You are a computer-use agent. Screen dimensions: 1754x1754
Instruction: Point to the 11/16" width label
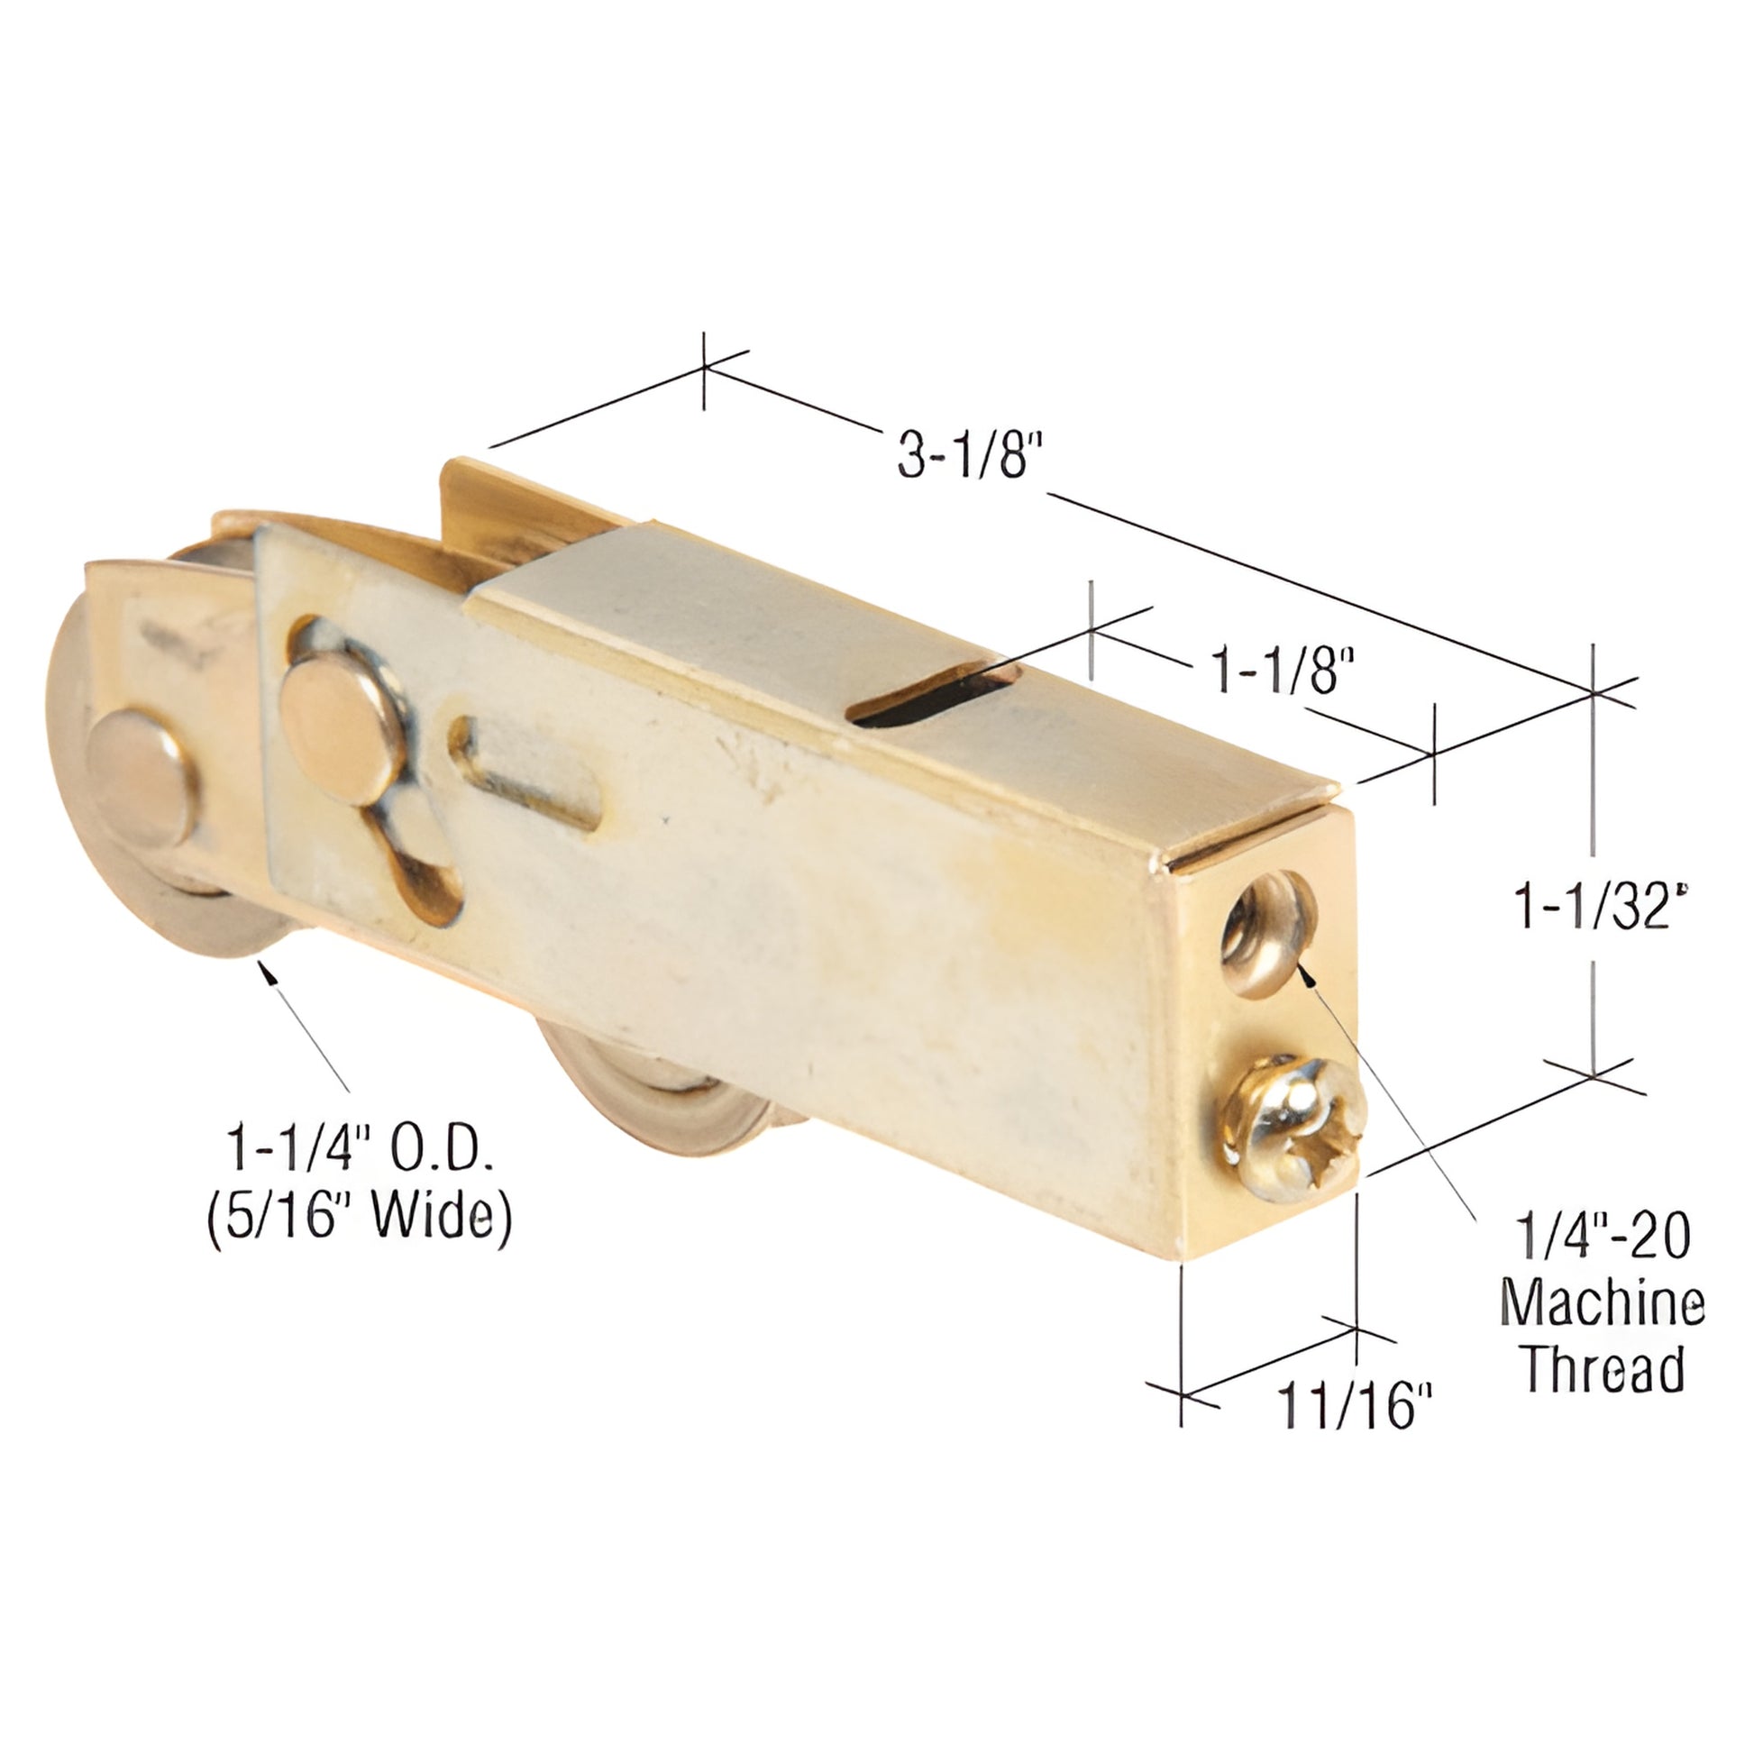pyautogui.click(x=1354, y=1406)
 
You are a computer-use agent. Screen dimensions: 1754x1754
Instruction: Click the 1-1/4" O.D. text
pyautogui.click(x=360, y=1149)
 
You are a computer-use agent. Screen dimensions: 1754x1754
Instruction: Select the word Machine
pyautogui.click(x=1603, y=1303)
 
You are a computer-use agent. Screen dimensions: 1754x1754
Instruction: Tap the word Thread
pyautogui.click(x=1603, y=1369)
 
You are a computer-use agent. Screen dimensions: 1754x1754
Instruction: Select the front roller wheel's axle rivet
pyautogui.click(x=141, y=777)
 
